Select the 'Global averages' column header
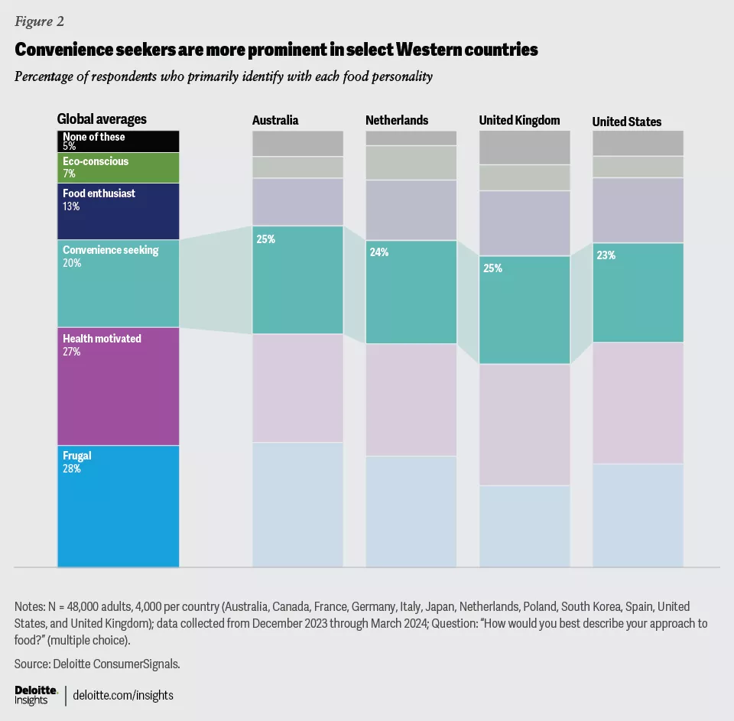(x=102, y=119)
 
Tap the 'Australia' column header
(x=275, y=121)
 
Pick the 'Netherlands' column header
(x=397, y=121)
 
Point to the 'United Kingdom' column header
(x=519, y=121)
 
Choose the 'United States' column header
(x=627, y=122)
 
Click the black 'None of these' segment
(x=119, y=141)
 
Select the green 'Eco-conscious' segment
(x=119, y=167)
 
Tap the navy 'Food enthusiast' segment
(x=119, y=211)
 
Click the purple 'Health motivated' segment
(x=119, y=386)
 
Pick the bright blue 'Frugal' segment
(x=119, y=506)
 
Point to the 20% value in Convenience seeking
(x=72, y=263)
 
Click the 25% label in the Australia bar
(x=266, y=239)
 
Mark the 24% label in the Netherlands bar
(x=379, y=252)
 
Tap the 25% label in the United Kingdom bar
(x=492, y=268)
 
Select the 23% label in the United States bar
(x=606, y=256)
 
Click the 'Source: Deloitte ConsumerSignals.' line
(x=97, y=664)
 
